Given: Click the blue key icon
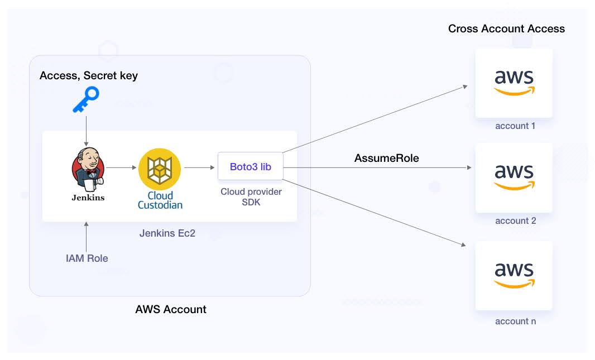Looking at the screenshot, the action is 86,99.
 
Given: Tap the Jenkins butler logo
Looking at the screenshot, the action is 88,169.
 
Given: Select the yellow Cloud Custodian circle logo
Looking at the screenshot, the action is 160,169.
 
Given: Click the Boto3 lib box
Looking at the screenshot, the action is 251,166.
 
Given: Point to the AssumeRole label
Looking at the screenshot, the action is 387,158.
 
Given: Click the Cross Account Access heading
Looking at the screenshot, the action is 507,29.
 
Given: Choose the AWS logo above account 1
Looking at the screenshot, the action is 514,83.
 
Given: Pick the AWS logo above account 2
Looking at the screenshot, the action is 514,177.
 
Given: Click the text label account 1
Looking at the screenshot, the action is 515,126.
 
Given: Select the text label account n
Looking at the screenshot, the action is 516,321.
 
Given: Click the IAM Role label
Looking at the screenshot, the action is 87,258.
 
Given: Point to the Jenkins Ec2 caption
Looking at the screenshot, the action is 167,233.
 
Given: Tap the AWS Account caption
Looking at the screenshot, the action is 171,309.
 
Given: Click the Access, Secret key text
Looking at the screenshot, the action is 89,76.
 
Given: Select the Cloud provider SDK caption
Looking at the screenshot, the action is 251,197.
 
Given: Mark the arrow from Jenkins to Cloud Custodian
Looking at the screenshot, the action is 121,167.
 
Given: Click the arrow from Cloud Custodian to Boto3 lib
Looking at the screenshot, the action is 200,167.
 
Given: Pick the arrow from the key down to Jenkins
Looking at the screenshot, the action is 86,131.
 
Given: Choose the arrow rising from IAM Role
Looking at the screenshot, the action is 86,237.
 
